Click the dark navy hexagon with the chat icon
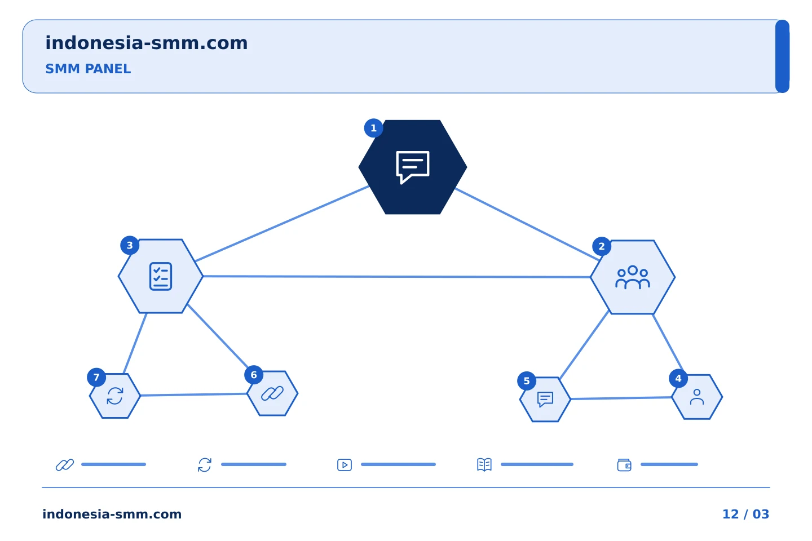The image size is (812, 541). pos(413,167)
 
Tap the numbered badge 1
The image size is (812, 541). pos(374,128)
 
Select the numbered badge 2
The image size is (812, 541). pos(602,246)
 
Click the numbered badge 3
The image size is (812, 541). pos(130,245)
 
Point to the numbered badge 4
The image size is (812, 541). pos(678,378)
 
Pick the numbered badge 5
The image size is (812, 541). pos(527,381)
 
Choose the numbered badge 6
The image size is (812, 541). pos(254,375)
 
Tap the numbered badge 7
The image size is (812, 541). pos(96,378)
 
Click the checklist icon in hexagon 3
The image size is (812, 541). pos(161,276)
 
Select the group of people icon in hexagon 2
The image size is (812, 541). pos(633,277)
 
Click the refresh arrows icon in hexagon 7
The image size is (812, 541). pos(115,396)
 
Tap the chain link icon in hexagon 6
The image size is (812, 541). pos(272,393)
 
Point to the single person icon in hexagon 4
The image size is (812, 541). pos(697,397)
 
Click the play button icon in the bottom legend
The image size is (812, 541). pos(345,464)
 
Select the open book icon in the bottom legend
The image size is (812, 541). pos(484,464)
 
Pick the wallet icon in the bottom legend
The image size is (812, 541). pos(624,465)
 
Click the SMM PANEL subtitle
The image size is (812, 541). pos(88,69)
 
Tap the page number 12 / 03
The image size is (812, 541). pos(745,514)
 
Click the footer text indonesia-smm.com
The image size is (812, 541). pos(112,514)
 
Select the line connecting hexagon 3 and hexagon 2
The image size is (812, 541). pos(397,277)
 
